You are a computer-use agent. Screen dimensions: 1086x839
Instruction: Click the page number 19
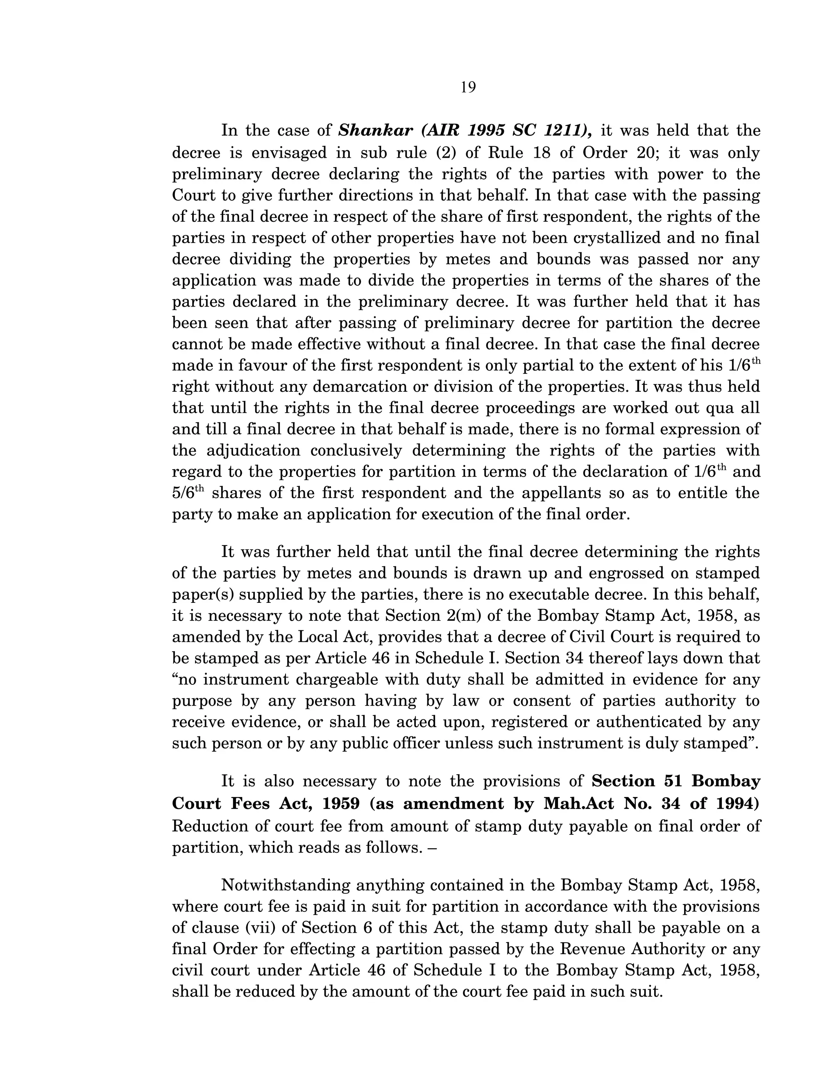pos(468,88)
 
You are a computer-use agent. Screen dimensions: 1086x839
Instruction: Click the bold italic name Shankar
pos(375,130)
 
